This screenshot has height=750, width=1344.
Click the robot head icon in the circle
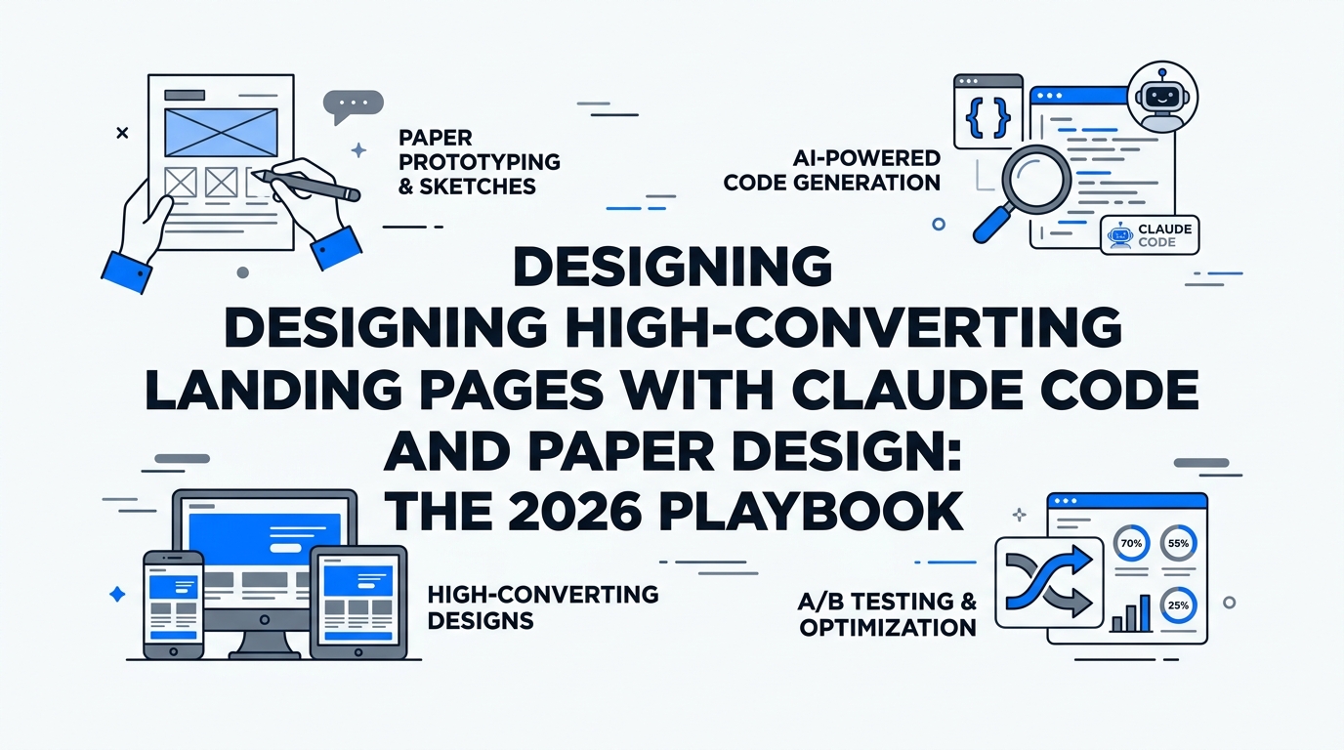(1162, 97)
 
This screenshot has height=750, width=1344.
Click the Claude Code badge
(1150, 235)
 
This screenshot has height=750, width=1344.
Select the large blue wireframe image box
(221, 132)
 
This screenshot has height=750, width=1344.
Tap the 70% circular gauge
(1131, 544)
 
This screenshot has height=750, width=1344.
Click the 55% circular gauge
(1177, 544)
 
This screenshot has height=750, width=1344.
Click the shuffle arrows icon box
(1048, 583)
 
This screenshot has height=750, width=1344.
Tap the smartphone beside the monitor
(173, 604)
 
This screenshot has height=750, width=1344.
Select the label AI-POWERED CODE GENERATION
(832, 170)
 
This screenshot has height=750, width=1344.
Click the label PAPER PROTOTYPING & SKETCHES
(479, 162)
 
